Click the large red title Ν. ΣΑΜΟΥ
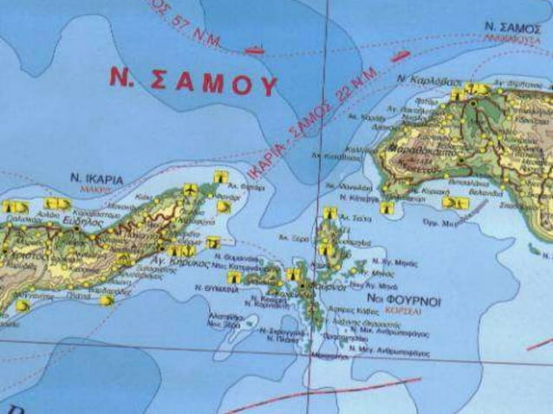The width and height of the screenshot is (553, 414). [x=192, y=81]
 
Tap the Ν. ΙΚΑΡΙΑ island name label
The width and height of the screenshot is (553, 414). [x=96, y=179]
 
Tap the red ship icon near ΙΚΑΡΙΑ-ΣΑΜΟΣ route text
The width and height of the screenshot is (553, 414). [x=400, y=57]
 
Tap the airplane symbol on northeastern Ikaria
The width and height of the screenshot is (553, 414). [x=189, y=189]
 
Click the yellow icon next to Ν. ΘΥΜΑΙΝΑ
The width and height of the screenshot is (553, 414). [x=235, y=277]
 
